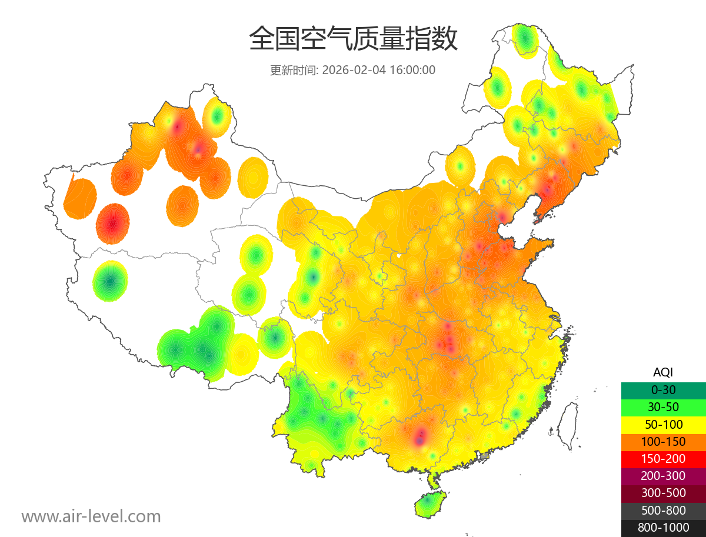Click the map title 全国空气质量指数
pos(353,39)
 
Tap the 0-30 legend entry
pos(663,390)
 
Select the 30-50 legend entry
pos(663,407)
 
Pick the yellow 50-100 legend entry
pos(663,424)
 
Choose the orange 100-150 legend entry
pos(663,441)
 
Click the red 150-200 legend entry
pos(663,459)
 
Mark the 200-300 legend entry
pos(663,476)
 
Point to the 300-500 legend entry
pos(663,493)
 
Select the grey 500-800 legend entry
pos(663,511)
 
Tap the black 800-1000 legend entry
pos(663,528)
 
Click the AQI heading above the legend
pos(663,372)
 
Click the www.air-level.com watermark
pos(91,517)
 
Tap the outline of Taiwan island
pos(568,425)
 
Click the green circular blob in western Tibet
pos(111,281)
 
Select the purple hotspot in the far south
pos(420,437)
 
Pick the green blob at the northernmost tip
pos(525,39)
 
